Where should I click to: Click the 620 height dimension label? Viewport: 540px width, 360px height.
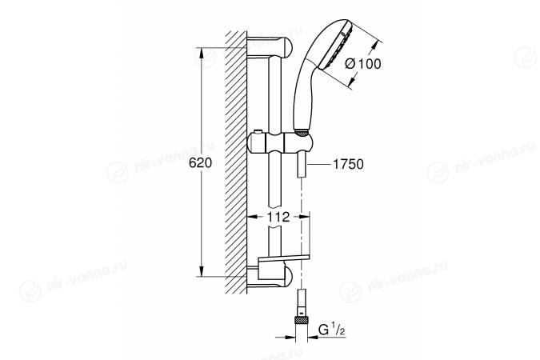click(200, 162)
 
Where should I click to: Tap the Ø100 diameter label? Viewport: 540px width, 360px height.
click(363, 64)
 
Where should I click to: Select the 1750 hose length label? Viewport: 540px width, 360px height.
click(348, 164)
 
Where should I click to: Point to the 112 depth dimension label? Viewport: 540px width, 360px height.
click(278, 217)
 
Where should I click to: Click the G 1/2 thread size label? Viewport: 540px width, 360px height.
click(332, 330)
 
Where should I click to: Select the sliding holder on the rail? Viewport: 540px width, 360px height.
click(280, 142)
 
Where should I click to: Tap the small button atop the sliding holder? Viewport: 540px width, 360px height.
click(257, 132)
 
